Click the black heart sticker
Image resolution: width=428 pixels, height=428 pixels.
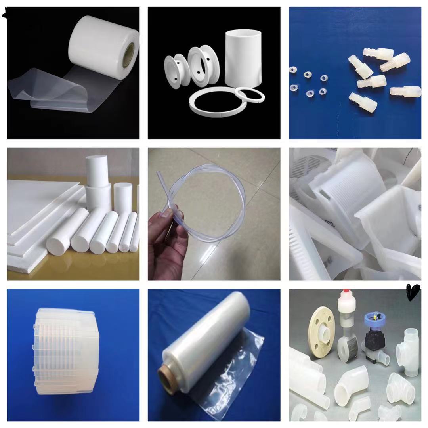pos(412,292)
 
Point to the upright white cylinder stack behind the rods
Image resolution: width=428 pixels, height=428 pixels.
pos(97,182)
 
